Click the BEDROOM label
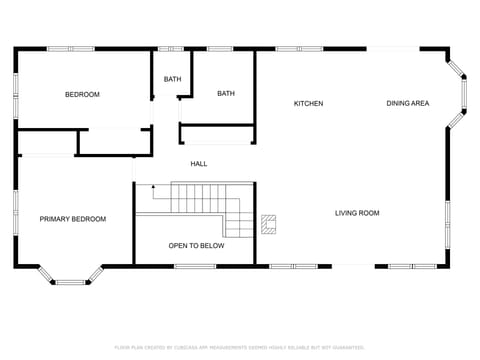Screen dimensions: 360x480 82,95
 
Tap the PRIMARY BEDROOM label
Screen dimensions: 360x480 73,219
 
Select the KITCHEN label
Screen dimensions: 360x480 308,104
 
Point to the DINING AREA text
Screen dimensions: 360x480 408,104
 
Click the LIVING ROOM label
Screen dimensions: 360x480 357,213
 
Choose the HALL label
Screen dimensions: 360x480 199,164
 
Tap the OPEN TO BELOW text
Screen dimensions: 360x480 196,246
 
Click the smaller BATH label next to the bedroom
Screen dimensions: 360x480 172,80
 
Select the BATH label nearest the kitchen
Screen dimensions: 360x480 226,94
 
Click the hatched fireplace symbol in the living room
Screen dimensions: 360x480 269,224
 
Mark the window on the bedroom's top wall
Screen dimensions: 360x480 70,48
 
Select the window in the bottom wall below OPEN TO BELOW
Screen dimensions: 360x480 195,266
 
